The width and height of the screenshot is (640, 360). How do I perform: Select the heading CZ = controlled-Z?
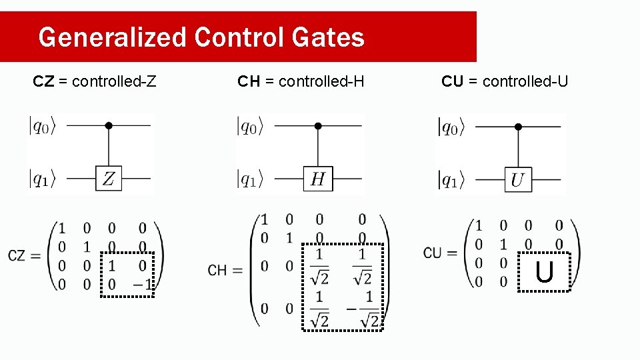[95, 81]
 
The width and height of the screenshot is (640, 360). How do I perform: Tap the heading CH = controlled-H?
[301, 81]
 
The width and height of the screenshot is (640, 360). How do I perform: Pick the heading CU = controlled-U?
[505, 81]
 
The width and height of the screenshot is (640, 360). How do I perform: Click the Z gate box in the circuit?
[109, 179]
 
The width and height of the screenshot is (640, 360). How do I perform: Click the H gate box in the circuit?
[318, 179]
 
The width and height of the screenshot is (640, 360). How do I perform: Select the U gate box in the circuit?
[518, 179]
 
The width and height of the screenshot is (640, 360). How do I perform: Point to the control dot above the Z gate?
[109, 125]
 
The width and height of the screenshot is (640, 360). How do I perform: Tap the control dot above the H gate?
[318, 125]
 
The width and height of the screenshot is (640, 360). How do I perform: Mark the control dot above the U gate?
[518, 125]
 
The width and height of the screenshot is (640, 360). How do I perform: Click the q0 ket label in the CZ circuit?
[42, 125]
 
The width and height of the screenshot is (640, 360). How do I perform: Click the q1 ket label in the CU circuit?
[451, 179]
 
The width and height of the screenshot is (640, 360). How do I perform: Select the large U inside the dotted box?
[545, 272]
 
